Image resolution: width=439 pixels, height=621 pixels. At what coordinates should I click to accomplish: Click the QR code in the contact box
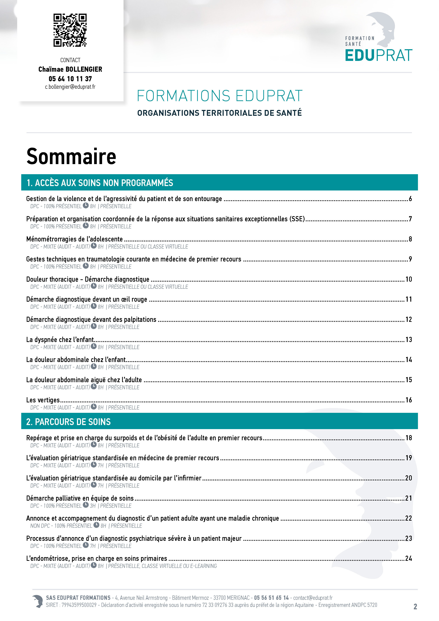(x=70, y=30)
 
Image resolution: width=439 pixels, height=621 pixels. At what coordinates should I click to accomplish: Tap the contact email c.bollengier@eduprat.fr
(x=70, y=87)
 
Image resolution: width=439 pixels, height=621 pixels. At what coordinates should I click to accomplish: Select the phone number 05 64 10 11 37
(x=70, y=79)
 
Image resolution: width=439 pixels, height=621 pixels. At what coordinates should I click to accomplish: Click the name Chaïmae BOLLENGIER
(x=70, y=69)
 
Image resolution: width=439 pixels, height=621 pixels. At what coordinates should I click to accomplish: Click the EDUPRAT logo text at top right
(x=378, y=55)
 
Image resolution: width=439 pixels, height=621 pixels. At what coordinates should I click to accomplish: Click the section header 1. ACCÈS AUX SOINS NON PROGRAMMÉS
(x=100, y=183)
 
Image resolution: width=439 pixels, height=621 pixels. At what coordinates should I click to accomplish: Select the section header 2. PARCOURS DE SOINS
(x=68, y=422)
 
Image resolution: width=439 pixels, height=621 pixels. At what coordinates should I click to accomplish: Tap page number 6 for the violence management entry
(x=410, y=199)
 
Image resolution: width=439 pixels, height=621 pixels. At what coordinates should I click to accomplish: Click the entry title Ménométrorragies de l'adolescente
(x=74, y=239)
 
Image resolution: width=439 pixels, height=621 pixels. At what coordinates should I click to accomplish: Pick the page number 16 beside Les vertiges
(x=408, y=400)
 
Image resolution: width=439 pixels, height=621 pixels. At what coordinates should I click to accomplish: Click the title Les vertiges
(x=43, y=400)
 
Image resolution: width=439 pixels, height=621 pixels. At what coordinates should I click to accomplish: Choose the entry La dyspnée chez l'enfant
(x=60, y=340)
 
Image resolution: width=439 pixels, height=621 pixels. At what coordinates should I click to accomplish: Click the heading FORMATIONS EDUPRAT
(x=219, y=96)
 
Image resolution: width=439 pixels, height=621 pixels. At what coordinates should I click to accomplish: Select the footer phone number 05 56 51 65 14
(x=271, y=598)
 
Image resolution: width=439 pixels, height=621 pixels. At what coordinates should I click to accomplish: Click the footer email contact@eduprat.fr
(x=313, y=598)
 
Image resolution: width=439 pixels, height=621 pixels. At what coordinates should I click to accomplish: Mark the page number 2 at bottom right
(x=415, y=607)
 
